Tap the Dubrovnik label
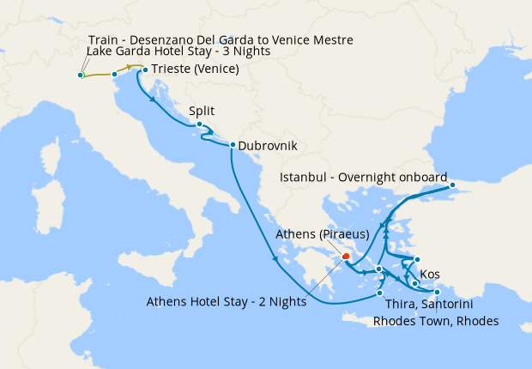pyautogui.click(x=267, y=146)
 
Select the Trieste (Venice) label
pyautogui.click(x=195, y=70)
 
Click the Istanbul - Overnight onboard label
pyautogui.click(x=364, y=178)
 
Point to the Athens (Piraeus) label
pyautogui.click(x=322, y=233)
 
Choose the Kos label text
pyautogui.click(x=430, y=275)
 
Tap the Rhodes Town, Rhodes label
pyautogui.click(x=435, y=322)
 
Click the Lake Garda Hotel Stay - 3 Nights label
pyautogui.click(x=178, y=52)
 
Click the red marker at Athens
pyautogui.click(x=346, y=255)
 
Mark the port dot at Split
pyautogui.click(x=199, y=124)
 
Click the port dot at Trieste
pyautogui.click(x=145, y=70)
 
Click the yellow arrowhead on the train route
pyautogui.click(x=130, y=66)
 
